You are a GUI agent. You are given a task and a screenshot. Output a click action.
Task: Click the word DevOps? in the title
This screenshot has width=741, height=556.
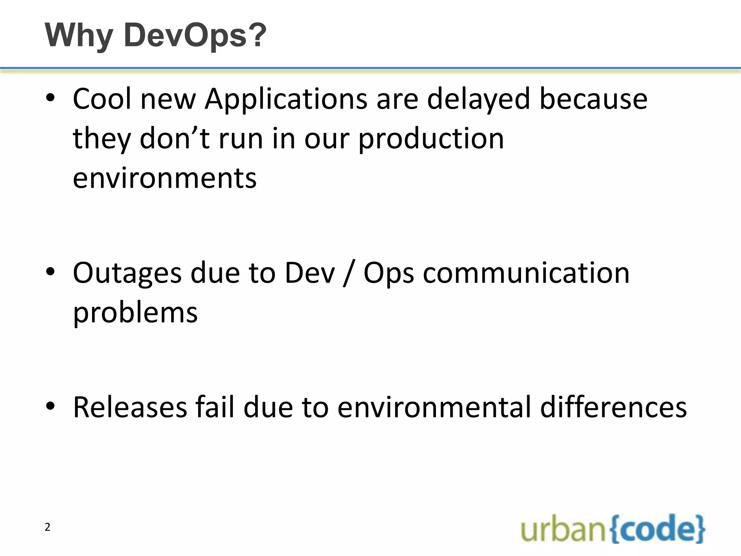195,36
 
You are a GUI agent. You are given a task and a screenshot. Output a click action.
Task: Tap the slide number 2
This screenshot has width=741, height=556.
47,527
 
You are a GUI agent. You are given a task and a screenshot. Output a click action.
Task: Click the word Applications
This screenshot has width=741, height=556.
286,99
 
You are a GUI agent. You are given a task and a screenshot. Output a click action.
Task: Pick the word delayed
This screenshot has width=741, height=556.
478,99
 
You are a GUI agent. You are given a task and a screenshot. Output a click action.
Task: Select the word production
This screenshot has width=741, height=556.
431,139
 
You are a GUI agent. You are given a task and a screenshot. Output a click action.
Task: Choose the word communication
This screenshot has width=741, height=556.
526,273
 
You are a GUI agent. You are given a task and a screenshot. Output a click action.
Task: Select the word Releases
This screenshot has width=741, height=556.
130,407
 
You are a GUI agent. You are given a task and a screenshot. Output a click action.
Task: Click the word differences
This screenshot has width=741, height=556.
613,407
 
